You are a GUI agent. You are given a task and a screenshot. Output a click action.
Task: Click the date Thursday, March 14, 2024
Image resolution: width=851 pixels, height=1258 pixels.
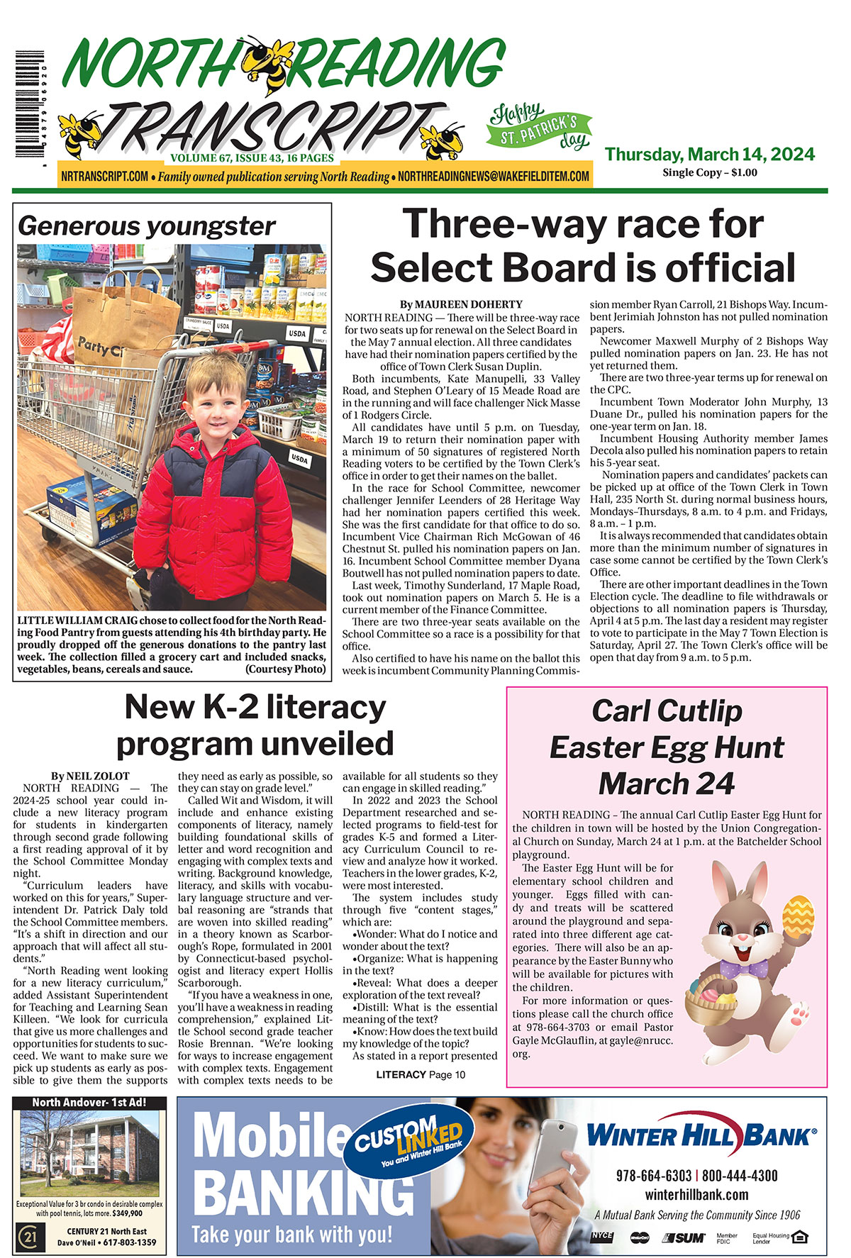click(x=709, y=155)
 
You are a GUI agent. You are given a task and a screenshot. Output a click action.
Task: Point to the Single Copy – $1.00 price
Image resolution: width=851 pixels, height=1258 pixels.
click(x=709, y=172)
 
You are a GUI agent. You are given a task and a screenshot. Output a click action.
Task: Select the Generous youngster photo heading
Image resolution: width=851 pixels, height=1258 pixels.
click(x=147, y=226)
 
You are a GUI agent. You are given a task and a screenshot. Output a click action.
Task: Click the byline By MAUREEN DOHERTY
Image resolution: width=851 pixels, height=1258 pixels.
click(x=461, y=304)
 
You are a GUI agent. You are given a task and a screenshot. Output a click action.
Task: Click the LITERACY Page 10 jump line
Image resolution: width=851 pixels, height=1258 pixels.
click(x=421, y=1074)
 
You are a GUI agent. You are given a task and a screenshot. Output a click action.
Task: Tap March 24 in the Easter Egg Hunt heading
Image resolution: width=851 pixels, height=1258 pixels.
click(x=667, y=784)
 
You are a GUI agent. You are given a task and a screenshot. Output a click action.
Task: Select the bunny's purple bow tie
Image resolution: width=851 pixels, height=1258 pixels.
click(x=744, y=968)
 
